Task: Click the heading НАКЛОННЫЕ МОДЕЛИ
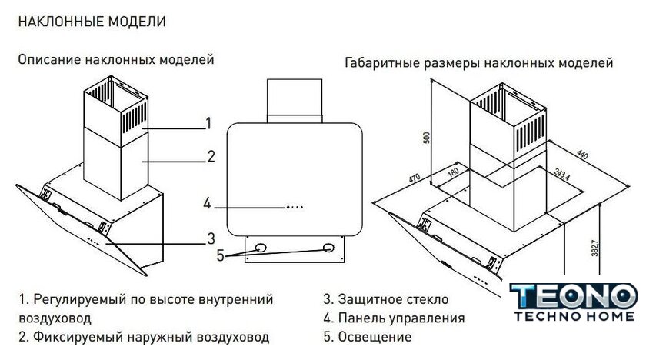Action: [91, 22]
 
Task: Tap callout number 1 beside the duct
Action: [208, 123]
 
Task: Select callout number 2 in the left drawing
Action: [210, 157]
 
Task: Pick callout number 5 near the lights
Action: [220, 255]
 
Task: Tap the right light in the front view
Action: [330, 248]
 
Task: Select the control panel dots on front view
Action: [295, 206]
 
